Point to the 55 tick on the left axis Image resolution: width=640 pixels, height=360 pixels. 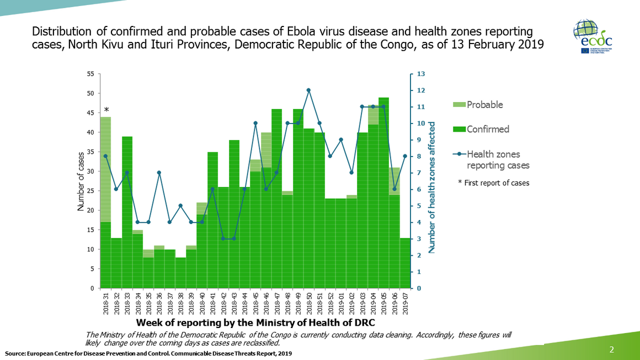click(x=90, y=74)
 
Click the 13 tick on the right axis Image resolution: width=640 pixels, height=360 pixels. click(x=420, y=74)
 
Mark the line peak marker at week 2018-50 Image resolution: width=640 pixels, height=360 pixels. click(x=308, y=90)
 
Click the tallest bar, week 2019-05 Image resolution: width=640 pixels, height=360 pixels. click(x=383, y=193)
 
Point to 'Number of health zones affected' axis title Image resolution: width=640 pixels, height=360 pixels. click(x=432, y=187)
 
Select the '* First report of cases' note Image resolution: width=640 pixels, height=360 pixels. click(x=493, y=182)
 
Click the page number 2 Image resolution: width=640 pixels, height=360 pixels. click(x=612, y=349)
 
